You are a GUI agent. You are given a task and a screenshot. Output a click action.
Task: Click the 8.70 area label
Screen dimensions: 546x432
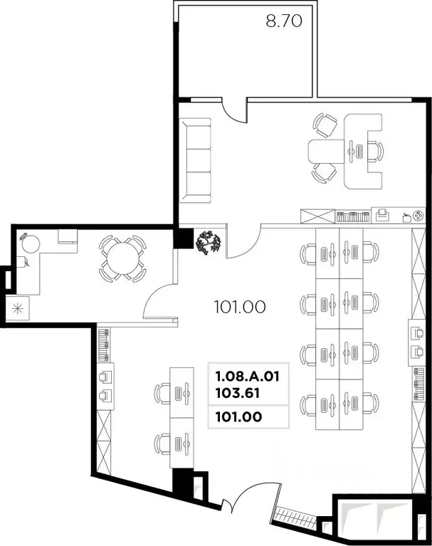[284, 21]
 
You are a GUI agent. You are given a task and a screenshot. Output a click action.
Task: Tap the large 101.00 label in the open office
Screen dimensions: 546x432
[239, 308]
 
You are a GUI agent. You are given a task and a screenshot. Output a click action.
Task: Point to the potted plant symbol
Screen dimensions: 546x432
[209, 243]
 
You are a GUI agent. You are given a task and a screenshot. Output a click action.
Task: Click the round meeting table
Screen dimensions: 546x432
[122, 259]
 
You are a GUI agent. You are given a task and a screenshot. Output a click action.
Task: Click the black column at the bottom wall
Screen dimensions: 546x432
[184, 485]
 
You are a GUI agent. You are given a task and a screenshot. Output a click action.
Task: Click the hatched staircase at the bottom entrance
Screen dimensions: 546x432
[299, 514]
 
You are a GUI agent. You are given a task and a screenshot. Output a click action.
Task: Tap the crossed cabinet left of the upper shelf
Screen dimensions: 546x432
[317, 216]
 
